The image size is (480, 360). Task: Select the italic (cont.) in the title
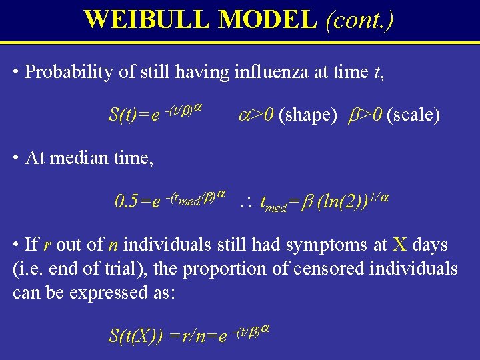point(359,19)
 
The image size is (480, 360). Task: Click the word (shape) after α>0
point(308,115)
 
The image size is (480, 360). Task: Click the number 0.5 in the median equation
point(126,201)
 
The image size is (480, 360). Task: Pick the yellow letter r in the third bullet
point(47,245)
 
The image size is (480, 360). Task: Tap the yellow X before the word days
point(399,245)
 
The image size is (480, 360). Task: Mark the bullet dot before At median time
point(16,158)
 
